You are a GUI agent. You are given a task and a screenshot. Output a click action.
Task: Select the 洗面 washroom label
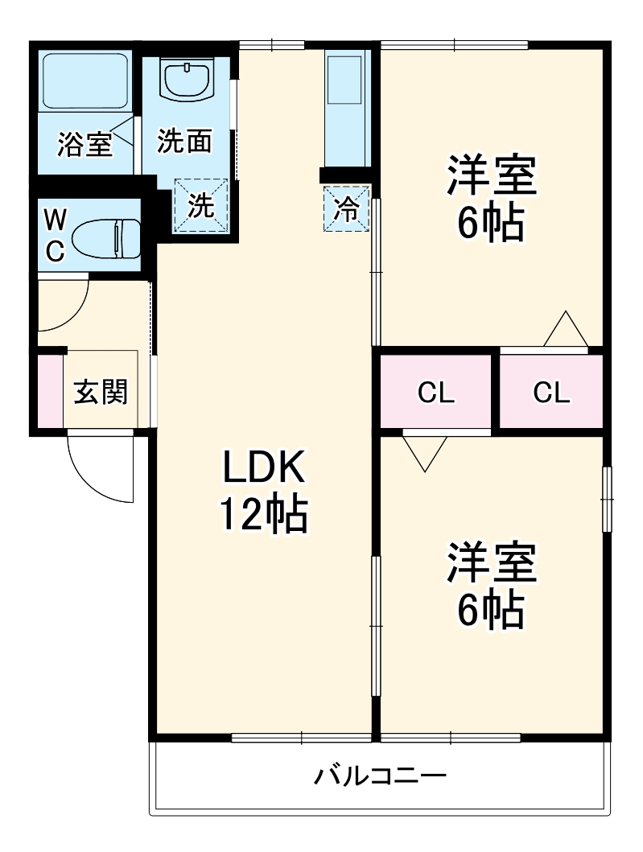(184, 141)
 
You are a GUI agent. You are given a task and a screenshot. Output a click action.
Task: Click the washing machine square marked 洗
(201, 205)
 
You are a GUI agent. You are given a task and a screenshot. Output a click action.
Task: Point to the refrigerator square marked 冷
(347, 209)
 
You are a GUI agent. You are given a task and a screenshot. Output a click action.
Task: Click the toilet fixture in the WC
(105, 238)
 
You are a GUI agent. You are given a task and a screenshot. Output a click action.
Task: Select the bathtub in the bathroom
(84, 81)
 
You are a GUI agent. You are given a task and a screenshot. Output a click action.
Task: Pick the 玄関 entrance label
(101, 392)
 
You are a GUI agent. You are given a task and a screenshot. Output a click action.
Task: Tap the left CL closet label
(435, 393)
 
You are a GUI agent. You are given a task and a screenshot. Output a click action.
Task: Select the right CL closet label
(551, 393)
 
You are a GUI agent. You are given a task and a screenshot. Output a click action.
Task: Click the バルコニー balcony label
(379, 777)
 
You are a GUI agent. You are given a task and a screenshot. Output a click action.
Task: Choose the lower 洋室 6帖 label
(492, 587)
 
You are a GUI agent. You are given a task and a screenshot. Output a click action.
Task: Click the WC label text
(54, 234)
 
